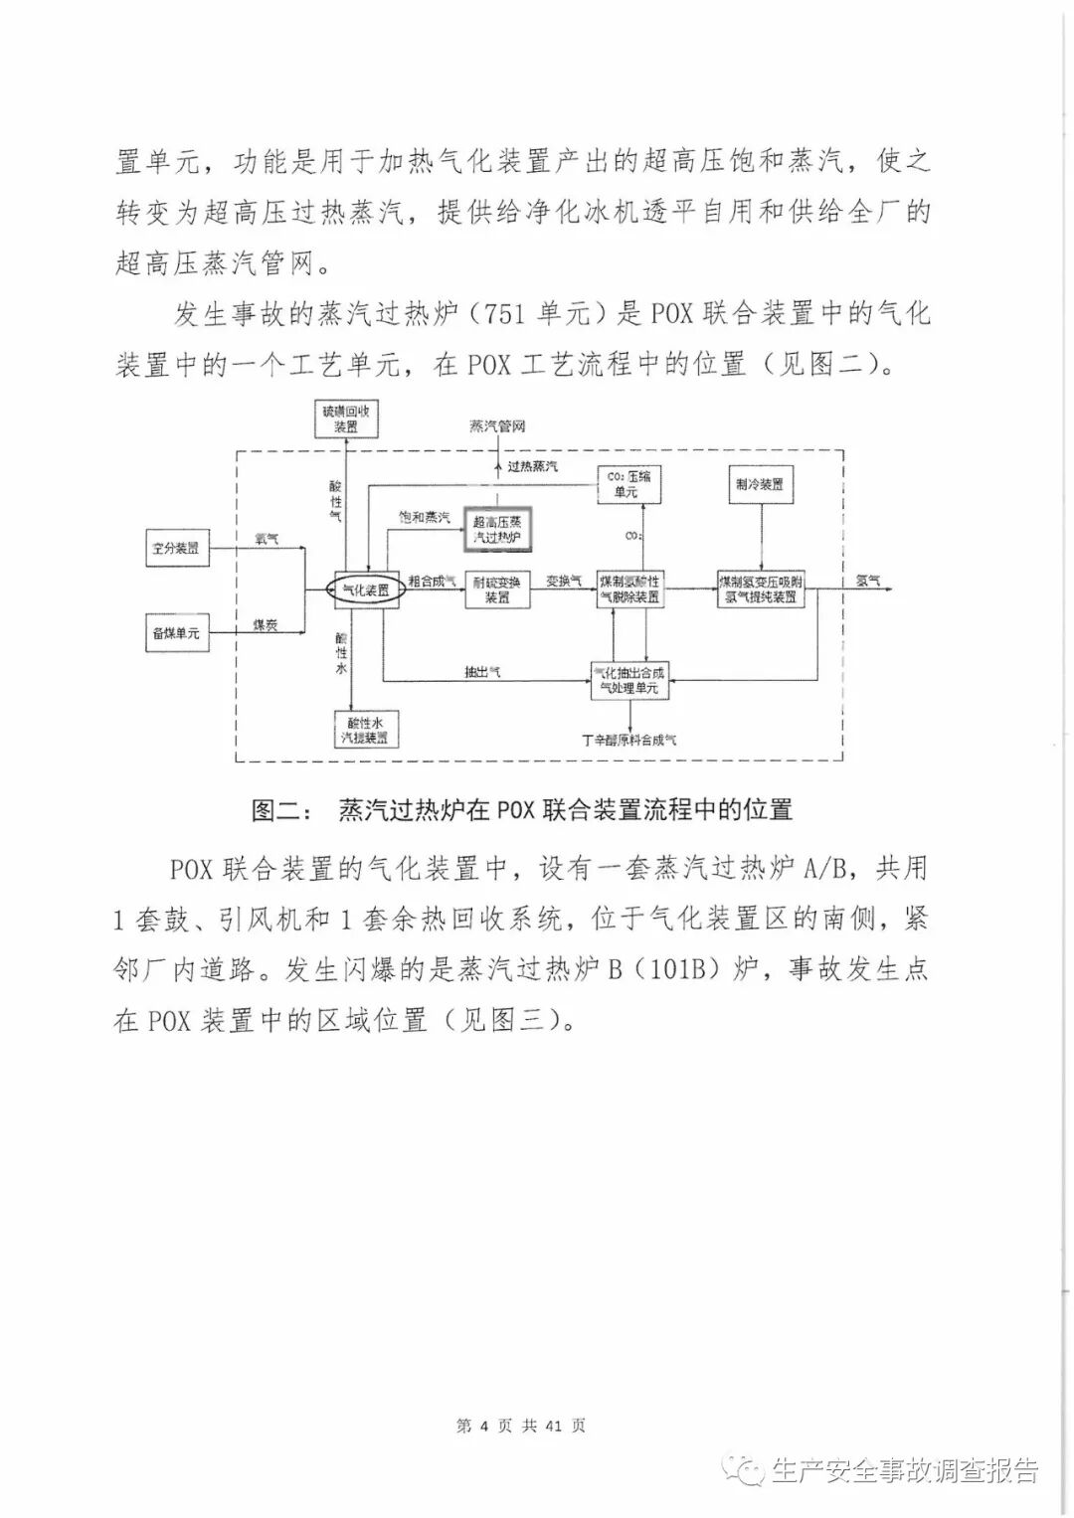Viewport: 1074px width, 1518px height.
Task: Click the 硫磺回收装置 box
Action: pyautogui.click(x=346, y=420)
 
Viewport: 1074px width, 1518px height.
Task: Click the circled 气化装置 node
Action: pyautogui.click(x=365, y=590)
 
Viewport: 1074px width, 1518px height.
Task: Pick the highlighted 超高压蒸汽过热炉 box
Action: pyautogui.click(x=498, y=530)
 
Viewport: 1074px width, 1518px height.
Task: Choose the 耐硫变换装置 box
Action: pyautogui.click(x=497, y=590)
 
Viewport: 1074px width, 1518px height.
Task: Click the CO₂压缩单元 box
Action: pyautogui.click(x=629, y=484)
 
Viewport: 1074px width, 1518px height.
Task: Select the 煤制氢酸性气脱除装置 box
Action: pyautogui.click(x=629, y=590)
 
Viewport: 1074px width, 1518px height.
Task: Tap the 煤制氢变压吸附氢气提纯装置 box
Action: pyautogui.click(x=761, y=590)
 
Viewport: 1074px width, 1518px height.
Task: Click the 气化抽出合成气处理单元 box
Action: pyautogui.click(x=628, y=680)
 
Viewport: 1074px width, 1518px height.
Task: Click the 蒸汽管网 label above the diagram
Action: pyautogui.click(x=497, y=426)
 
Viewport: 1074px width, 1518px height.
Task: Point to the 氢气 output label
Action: pyautogui.click(x=868, y=580)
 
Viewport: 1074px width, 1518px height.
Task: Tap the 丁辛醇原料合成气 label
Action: pyautogui.click(x=629, y=740)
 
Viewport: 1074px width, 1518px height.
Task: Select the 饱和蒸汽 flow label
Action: pyautogui.click(x=424, y=518)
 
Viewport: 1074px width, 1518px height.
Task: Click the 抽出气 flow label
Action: pyautogui.click(x=482, y=672)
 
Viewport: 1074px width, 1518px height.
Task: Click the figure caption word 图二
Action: pyautogui.click(x=274, y=810)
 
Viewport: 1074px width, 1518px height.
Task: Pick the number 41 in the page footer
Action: pyautogui.click(x=554, y=1426)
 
